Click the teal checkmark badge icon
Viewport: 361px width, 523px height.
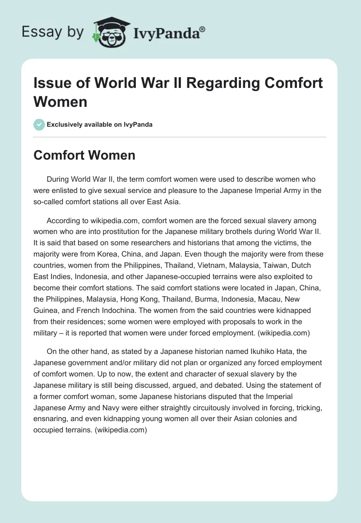click(39, 124)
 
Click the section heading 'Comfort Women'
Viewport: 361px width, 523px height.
click(84, 155)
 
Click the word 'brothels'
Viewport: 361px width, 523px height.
click(232, 231)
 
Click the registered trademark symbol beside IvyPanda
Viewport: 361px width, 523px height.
click(203, 29)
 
